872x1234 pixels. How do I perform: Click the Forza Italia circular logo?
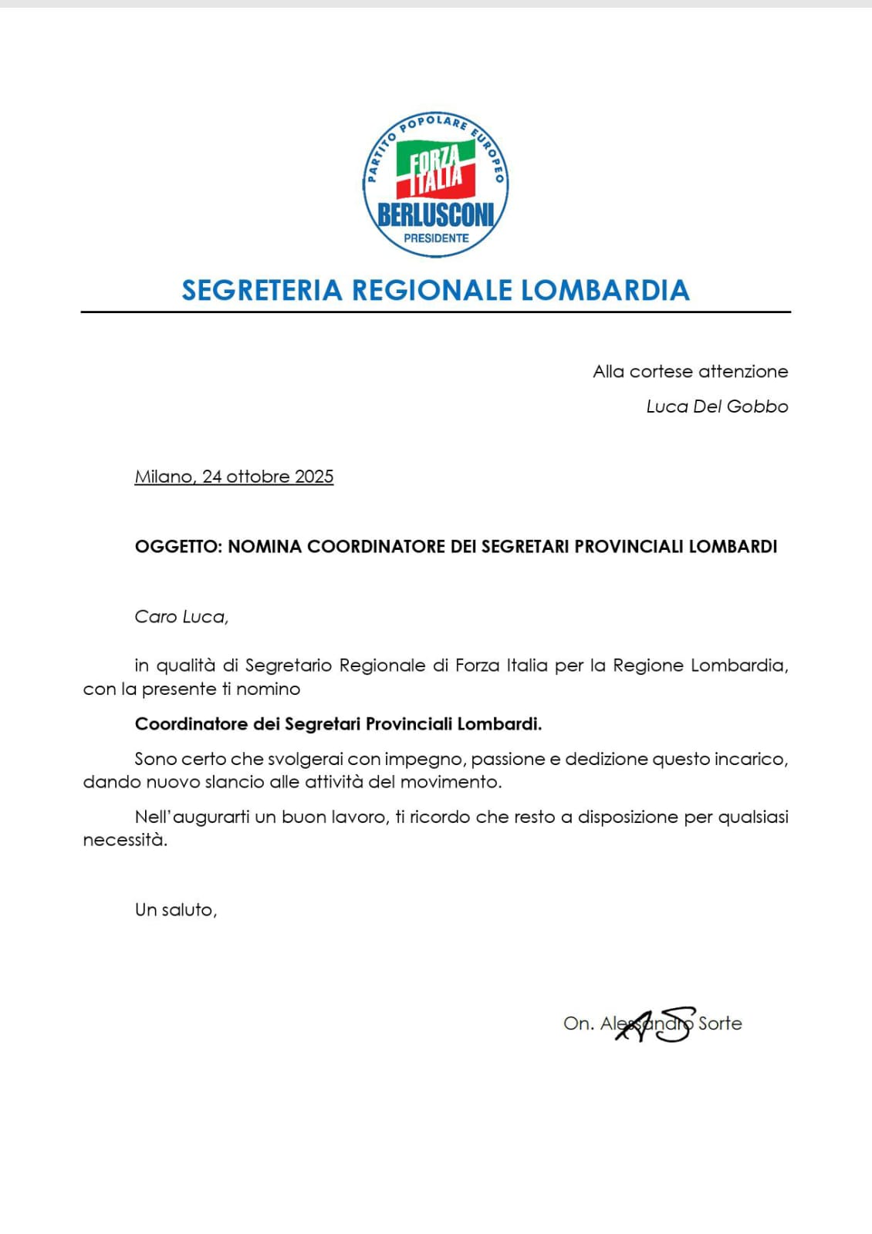tap(435, 184)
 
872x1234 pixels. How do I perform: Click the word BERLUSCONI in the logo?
tap(435, 215)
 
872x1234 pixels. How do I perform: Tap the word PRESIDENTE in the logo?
tap(436, 238)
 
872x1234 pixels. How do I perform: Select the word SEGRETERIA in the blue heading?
tap(262, 290)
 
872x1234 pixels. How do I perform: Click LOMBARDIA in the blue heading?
tap(605, 290)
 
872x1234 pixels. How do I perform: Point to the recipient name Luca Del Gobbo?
tap(717, 406)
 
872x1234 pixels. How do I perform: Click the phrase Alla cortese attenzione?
tap(690, 372)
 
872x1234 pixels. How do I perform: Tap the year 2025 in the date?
tap(314, 477)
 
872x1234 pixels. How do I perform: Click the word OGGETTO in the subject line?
tap(177, 547)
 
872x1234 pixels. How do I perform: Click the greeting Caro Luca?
tap(181, 617)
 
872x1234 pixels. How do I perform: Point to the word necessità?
tap(124, 840)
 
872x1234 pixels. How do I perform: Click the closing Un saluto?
tap(175, 910)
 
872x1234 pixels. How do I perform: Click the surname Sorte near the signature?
tap(720, 1023)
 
